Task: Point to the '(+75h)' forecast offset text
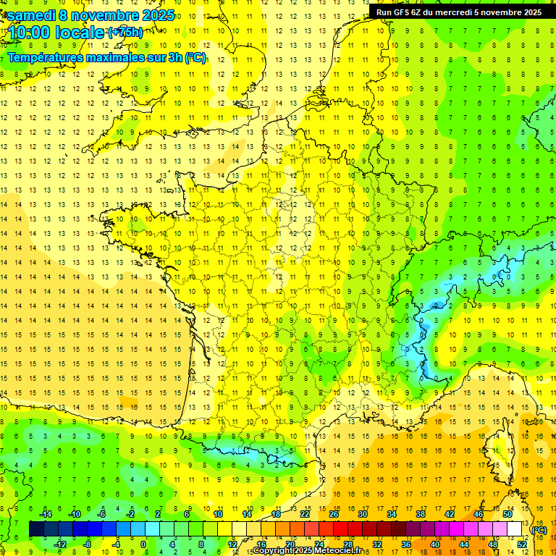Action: tap(125, 32)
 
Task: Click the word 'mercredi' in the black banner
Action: tap(453, 12)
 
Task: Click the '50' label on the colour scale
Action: tap(507, 514)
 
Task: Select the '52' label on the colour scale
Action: tap(522, 544)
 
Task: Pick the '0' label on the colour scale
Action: tap(143, 544)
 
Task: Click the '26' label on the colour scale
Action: tap(334, 514)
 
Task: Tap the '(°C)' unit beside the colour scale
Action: tap(539, 530)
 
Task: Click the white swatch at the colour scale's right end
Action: tap(515, 529)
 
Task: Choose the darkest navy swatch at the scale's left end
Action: tap(36, 529)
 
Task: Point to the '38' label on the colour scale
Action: tap(421, 514)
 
